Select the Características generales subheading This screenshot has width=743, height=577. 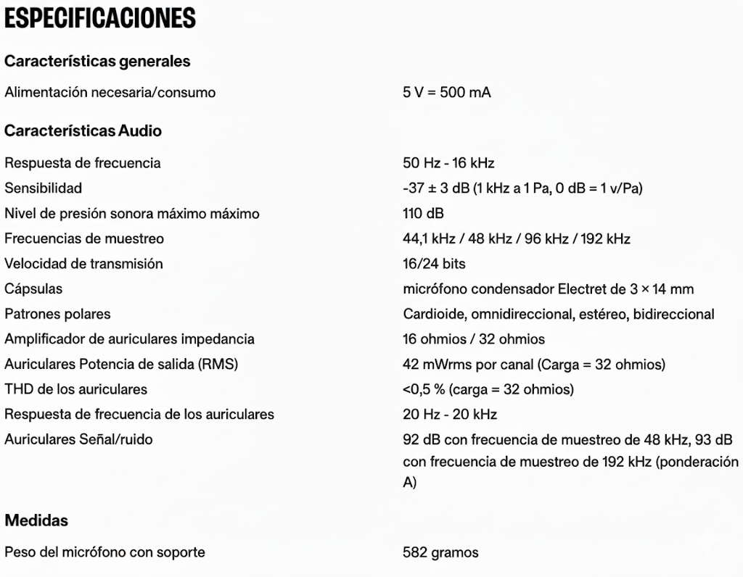click(97, 61)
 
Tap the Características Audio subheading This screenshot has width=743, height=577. click(83, 130)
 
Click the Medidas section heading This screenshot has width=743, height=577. click(36, 520)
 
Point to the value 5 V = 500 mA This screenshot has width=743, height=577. click(447, 92)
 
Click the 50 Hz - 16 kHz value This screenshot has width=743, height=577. click(448, 162)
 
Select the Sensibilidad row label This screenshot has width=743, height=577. click(43, 188)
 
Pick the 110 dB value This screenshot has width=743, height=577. click(423, 213)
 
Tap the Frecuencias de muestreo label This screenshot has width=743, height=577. click(84, 238)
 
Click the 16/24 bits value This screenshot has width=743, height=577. click(434, 263)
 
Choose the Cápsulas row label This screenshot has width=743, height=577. click(33, 288)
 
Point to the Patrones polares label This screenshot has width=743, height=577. click(57, 314)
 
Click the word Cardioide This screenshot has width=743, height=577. click(434, 314)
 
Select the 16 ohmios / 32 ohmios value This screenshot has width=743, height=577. click(474, 339)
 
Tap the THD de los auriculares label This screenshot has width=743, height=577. click(75, 389)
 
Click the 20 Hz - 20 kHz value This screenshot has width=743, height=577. click(450, 414)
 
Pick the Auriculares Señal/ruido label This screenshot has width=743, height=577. click(78, 439)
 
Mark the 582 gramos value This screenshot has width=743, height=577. click(440, 552)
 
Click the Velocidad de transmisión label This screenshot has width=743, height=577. click(83, 263)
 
